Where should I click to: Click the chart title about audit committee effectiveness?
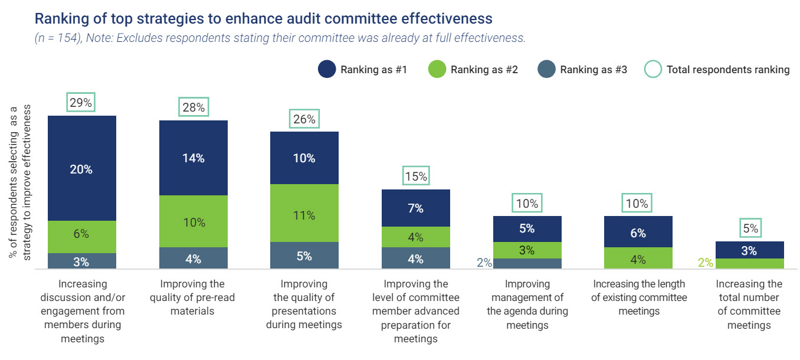263,18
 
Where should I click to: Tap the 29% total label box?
81,103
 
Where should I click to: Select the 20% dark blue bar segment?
81,169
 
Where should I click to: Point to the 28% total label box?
193,107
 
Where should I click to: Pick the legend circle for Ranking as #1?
326,70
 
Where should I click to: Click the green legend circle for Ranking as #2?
437,70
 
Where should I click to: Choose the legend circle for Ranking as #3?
546,70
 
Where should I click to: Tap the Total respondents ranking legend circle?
653,70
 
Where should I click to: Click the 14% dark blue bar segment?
193,158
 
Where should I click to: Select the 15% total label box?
415,176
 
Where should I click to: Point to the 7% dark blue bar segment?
415,208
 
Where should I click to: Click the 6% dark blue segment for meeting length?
638,232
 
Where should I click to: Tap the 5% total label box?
749,228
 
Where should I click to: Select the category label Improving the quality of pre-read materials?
193,297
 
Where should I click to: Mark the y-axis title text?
19,182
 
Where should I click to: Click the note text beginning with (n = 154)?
280,38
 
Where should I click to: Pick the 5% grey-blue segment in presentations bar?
304,256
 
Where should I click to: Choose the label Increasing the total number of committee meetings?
749,305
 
